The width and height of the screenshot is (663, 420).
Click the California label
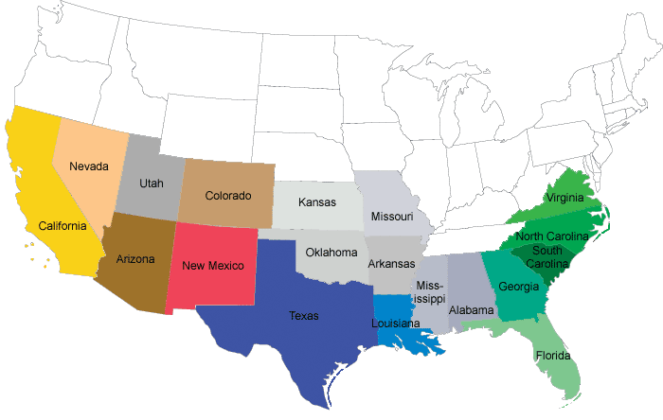click(x=63, y=227)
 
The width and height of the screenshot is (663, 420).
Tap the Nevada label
click(x=89, y=166)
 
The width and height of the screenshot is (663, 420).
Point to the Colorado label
click(x=228, y=197)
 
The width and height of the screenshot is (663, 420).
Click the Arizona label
click(x=135, y=259)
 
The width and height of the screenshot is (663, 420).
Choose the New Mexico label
click(x=214, y=265)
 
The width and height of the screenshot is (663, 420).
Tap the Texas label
click(x=304, y=316)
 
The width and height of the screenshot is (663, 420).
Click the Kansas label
click(x=316, y=202)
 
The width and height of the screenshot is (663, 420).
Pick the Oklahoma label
click(x=331, y=253)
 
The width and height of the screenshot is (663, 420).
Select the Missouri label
click(x=392, y=218)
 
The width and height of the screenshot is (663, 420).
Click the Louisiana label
click(x=396, y=324)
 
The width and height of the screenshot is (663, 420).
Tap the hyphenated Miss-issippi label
click(x=430, y=292)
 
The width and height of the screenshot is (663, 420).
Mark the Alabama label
click(x=472, y=309)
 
